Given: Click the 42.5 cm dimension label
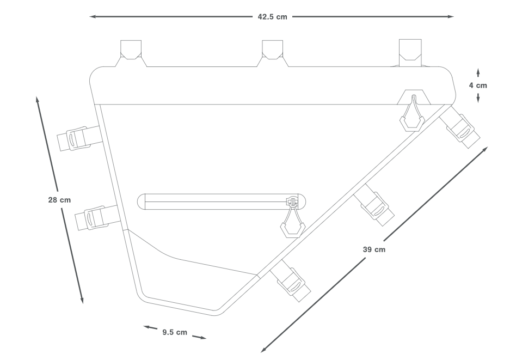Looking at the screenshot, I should click(x=272, y=17).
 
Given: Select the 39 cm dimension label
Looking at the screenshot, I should click(x=374, y=249).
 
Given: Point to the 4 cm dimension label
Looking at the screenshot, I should click(x=478, y=85).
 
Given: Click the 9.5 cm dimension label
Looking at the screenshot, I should click(x=175, y=332).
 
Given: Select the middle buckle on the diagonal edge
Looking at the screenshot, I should click(x=375, y=205).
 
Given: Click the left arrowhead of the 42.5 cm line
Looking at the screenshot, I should click(x=93, y=17).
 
